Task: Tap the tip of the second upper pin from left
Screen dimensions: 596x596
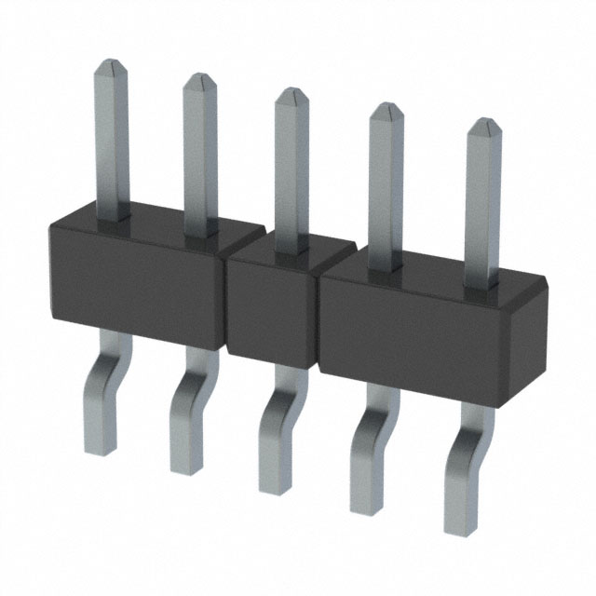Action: (200, 78)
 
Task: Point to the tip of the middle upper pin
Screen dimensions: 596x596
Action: (292, 93)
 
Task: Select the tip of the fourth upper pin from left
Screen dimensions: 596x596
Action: (386, 110)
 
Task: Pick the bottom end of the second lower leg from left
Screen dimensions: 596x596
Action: (185, 467)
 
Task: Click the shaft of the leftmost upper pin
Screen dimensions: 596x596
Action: (113, 140)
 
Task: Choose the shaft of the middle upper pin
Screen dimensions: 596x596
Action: (291, 168)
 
